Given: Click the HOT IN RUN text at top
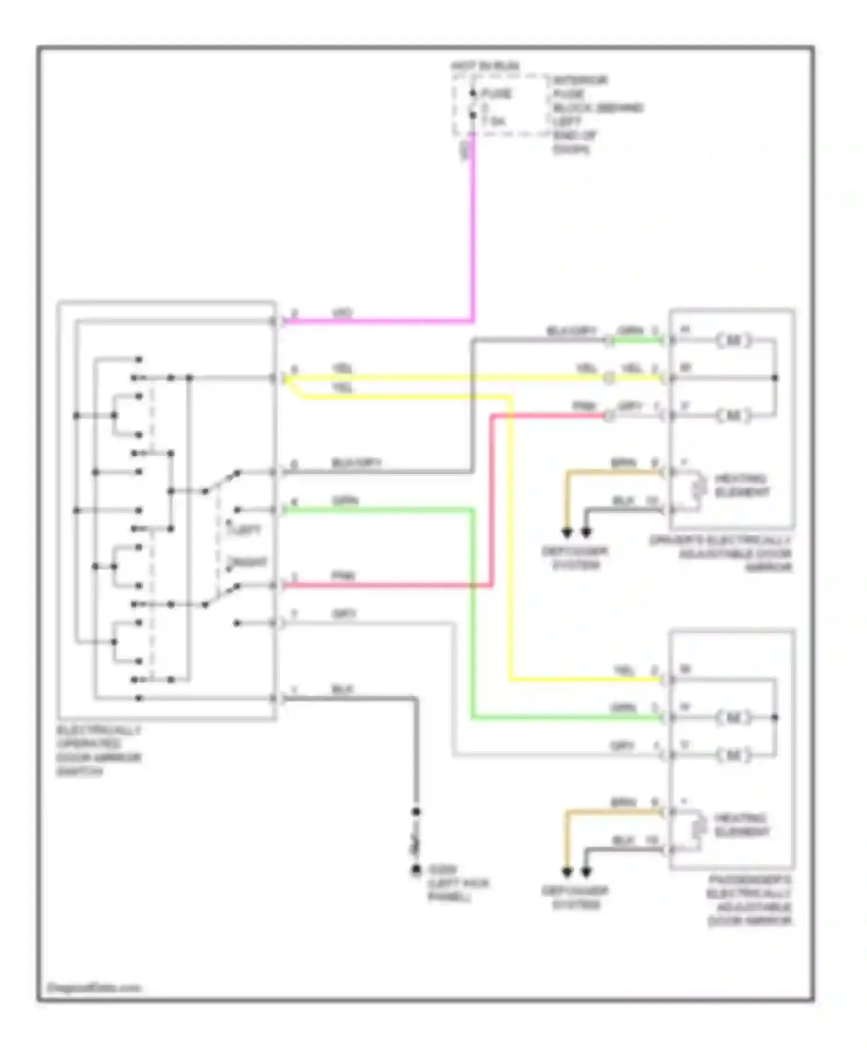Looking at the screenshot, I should point(485,66).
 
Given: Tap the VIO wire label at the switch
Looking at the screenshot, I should point(342,313).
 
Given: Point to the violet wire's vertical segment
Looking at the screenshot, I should point(473,231).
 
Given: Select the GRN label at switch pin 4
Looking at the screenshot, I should point(344,500).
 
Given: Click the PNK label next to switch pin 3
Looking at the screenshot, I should point(343,576).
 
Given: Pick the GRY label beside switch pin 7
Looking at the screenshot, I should point(344,614).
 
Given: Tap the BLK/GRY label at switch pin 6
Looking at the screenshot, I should point(356,463).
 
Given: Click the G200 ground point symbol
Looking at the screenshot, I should point(416,870).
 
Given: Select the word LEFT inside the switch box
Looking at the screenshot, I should point(248,529).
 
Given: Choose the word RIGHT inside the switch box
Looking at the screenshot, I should point(250,562).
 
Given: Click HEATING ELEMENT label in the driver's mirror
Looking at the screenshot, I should point(742,485).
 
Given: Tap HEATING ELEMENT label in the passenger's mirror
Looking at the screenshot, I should point(742,825).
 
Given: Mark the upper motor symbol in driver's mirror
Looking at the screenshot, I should point(733,340).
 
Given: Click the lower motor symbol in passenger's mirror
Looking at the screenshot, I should point(733,755).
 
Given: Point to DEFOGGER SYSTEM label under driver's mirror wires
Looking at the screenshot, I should point(575,558).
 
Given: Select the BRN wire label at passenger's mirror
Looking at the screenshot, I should point(623,802).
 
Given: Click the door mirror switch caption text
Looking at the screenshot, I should point(98,750).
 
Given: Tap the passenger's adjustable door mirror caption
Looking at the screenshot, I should point(749,901).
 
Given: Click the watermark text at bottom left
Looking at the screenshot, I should point(94,988).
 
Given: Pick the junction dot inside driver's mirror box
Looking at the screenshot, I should point(775,378).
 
